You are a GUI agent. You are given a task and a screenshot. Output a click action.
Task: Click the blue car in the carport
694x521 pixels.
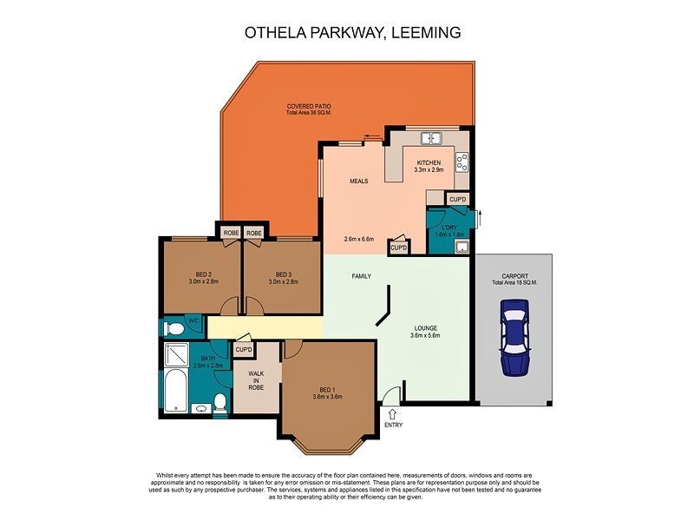click(514, 337)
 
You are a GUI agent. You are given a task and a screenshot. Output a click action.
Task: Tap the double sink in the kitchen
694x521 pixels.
click(432, 139)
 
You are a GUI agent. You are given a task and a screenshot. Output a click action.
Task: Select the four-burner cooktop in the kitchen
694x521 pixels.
click(462, 162)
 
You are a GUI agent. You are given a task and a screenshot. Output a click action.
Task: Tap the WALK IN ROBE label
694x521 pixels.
click(256, 380)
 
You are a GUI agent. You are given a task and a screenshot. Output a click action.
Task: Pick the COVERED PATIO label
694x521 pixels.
click(309, 106)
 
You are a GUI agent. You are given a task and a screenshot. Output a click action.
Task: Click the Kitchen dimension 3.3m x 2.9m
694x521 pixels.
click(429, 170)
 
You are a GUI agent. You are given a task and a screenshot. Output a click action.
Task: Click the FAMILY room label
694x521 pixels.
click(362, 276)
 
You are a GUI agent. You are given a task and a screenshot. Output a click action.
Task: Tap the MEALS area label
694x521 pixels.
click(359, 181)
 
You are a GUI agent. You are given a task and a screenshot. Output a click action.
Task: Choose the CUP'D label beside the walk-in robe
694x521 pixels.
click(243, 350)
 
